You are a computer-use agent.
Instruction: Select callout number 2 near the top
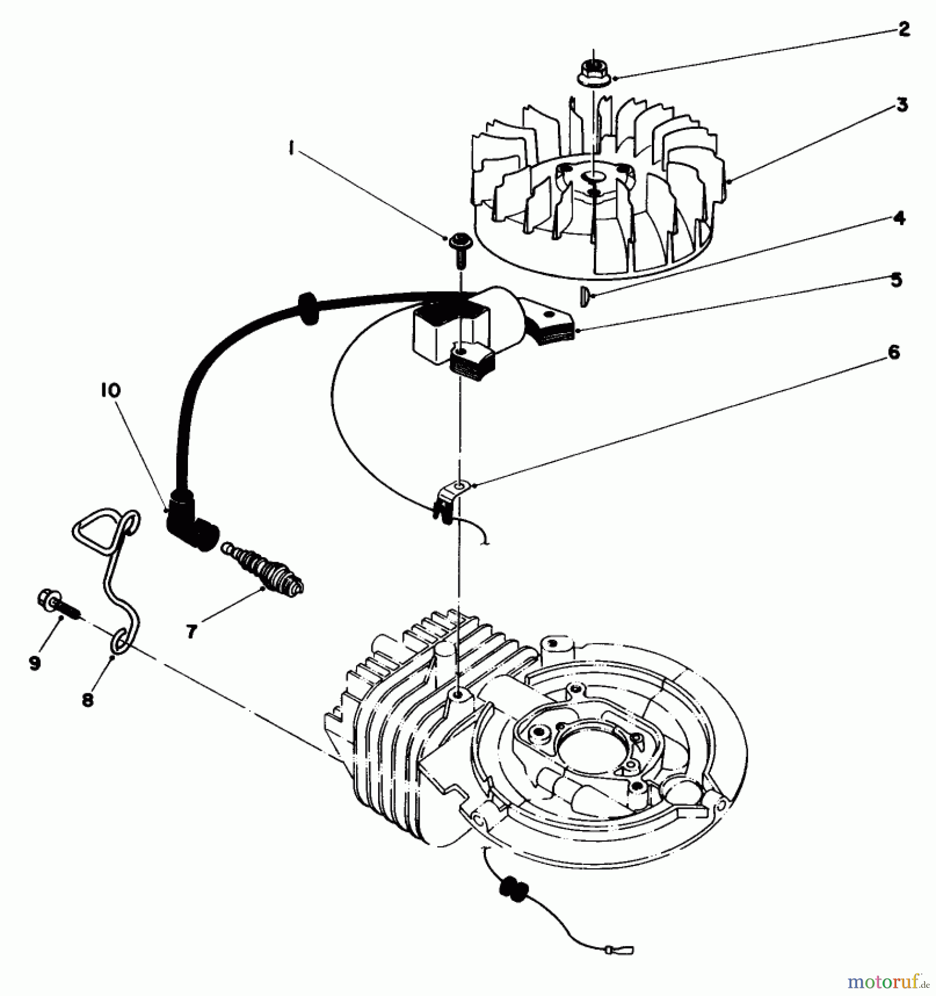(903, 29)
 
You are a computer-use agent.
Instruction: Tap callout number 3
(902, 105)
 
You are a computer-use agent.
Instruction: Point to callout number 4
(900, 219)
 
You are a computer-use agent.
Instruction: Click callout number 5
(896, 280)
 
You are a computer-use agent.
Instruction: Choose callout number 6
(893, 352)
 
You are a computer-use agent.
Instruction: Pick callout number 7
(191, 631)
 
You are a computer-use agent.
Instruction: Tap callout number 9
(34, 662)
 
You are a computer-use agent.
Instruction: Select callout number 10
(110, 390)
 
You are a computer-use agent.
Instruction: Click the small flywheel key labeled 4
(583, 297)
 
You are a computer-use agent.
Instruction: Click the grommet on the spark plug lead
(305, 307)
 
